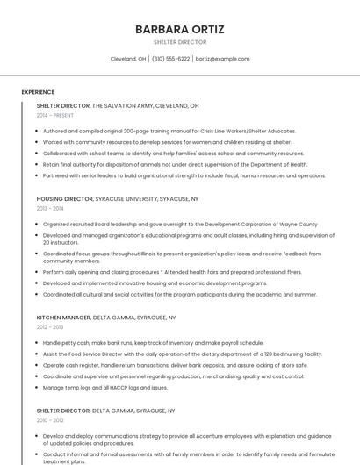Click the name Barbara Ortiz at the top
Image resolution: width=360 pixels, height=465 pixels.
(x=179, y=29)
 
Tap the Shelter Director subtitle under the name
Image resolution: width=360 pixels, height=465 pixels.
(x=179, y=42)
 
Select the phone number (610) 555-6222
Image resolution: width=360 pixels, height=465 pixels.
(x=170, y=59)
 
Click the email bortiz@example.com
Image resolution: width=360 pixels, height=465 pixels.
(x=222, y=59)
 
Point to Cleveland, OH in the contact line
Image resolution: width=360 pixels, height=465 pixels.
(x=128, y=59)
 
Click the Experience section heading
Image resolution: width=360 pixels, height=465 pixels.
(x=38, y=92)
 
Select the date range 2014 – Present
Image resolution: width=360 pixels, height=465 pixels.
(x=54, y=115)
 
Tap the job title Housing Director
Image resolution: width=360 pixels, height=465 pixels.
(x=63, y=199)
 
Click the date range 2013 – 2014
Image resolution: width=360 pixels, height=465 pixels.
(x=50, y=209)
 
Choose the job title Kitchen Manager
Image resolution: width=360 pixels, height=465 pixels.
(x=63, y=318)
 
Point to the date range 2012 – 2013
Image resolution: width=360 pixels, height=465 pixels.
(x=50, y=327)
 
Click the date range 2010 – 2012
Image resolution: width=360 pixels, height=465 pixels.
(x=50, y=420)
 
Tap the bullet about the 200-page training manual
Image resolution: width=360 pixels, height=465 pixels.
(x=156, y=131)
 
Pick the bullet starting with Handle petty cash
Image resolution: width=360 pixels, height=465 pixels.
(x=153, y=343)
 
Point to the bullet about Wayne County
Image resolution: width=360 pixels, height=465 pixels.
(x=180, y=224)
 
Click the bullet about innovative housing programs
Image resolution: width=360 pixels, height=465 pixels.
(x=155, y=283)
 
